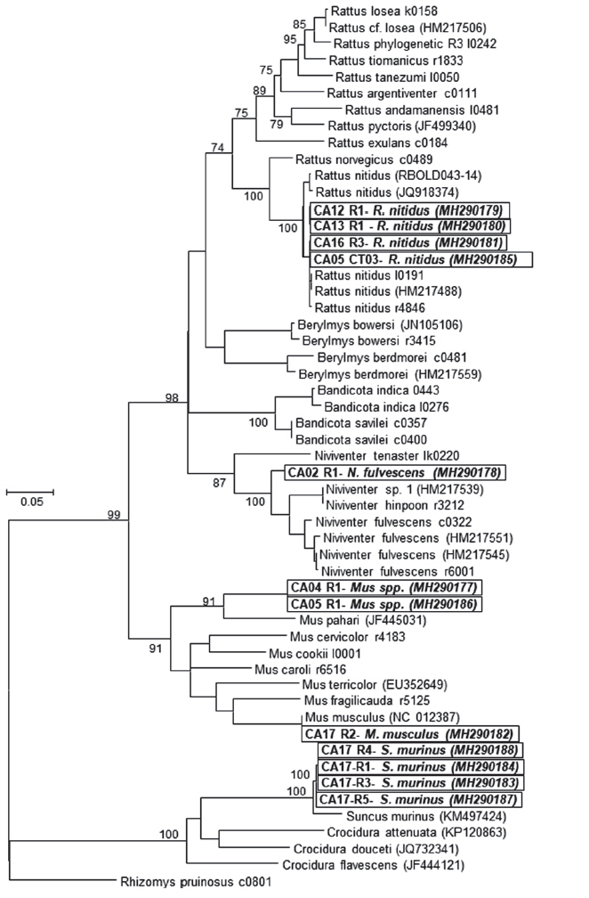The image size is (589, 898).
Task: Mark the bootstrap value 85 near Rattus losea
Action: [x=299, y=24]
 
